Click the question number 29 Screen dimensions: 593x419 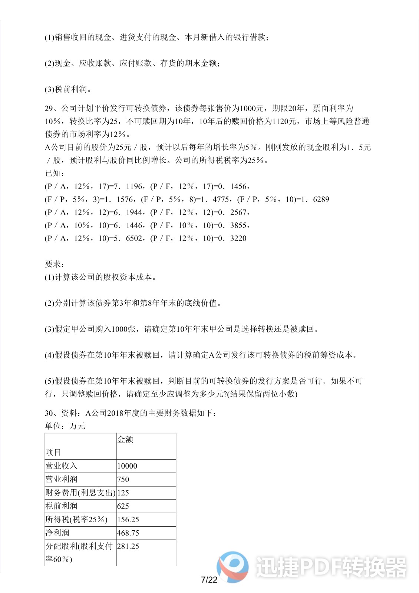point(50,108)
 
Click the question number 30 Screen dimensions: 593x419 point(50,413)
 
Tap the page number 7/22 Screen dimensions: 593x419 point(209,580)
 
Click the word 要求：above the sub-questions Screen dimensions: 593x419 point(55,264)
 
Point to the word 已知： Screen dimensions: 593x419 point(55,173)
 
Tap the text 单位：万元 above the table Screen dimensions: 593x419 point(65,426)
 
